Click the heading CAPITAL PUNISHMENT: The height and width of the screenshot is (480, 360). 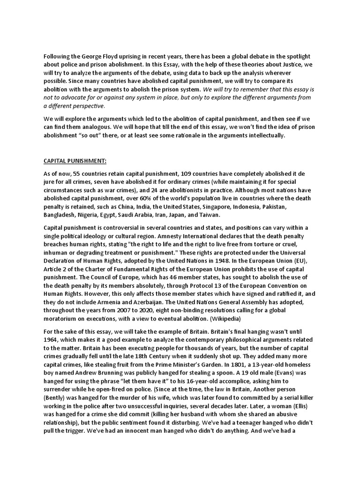[75, 161]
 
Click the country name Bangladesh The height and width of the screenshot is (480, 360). [60, 215]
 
